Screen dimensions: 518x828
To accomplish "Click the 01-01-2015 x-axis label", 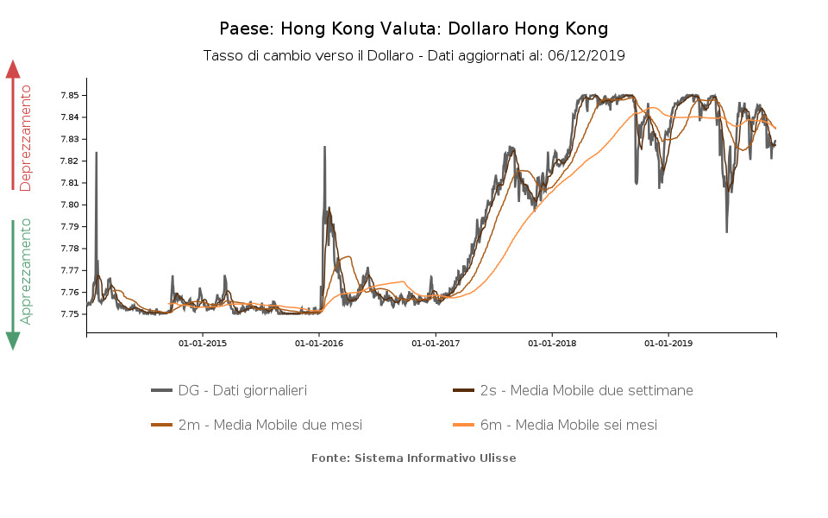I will coord(203,344).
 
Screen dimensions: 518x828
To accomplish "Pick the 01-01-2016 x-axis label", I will coord(319,344).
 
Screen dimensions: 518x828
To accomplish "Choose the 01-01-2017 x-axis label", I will coord(436,344).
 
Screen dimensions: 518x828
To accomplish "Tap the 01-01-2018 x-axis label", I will coord(552,344).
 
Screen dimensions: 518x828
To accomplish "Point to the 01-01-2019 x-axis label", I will coord(668,344).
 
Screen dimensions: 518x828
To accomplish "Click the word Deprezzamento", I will coord(26,137).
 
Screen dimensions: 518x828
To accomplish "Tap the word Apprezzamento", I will coord(26,271).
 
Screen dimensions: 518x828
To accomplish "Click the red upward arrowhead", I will coord(13,69).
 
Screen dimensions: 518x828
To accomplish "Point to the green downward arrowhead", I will coord(13,340).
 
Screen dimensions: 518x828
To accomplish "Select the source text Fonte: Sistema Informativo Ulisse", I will coord(413,458).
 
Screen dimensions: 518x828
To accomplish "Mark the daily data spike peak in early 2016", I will coord(324,147).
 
